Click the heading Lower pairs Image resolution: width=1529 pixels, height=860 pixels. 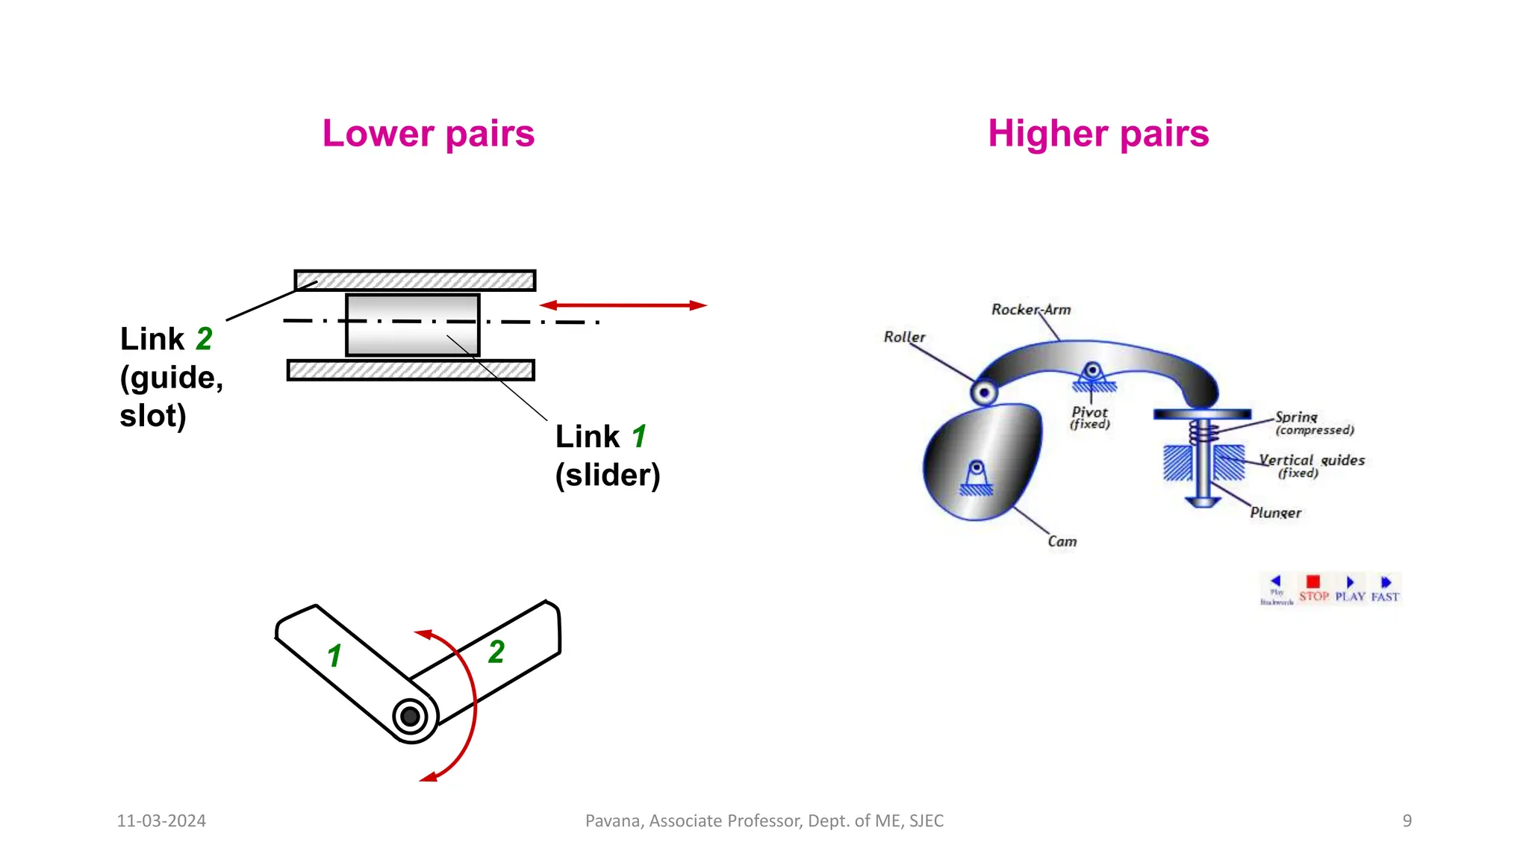coord(428,134)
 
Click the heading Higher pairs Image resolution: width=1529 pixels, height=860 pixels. coord(1097,134)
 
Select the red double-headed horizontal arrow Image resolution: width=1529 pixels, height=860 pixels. coord(623,305)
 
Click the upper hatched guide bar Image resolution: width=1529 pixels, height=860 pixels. coord(415,281)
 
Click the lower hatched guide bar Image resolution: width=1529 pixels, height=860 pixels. coord(411,370)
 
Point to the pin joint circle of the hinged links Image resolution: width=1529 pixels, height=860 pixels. coord(410,717)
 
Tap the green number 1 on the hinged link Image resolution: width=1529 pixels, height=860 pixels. coord(334,655)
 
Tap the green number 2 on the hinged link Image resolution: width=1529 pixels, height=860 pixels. coord(496,652)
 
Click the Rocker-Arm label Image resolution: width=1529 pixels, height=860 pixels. coord(1030,309)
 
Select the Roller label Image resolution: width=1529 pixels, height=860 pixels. coord(904,337)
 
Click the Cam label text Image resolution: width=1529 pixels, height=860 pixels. coord(1062,541)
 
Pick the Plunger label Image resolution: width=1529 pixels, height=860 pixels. coord(1275,513)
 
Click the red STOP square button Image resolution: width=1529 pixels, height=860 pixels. coord(1313,582)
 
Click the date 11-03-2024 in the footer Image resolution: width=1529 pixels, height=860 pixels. coord(161,820)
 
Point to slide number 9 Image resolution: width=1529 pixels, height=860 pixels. coord(1407,820)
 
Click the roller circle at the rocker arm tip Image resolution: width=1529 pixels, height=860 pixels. coord(984,392)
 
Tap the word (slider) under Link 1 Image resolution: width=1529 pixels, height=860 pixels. coord(607,475)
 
